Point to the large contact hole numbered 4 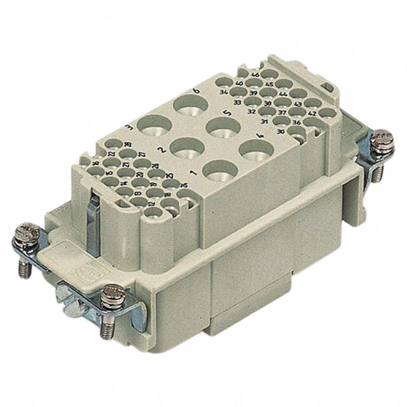click(x=256, y=151)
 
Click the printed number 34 click(x=224, y=92)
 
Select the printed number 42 click(x=312, y=113)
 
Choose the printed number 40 click(x=239, y=83)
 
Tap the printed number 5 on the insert click(x=224, y=113)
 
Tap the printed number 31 click(x=263, y=120)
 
